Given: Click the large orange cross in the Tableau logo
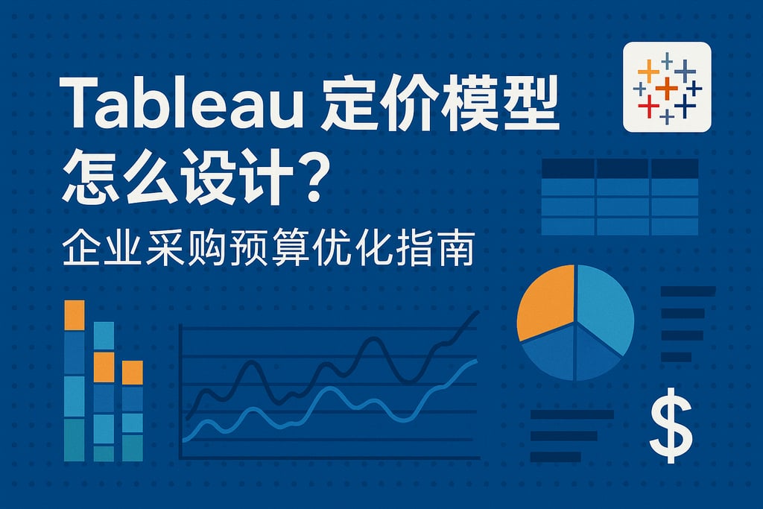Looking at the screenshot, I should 667,87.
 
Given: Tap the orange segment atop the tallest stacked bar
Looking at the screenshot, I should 75,314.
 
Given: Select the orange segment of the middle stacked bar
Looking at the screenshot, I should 104,366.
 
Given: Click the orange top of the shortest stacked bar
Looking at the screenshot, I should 132,373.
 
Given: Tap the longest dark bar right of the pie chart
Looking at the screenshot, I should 688,291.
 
